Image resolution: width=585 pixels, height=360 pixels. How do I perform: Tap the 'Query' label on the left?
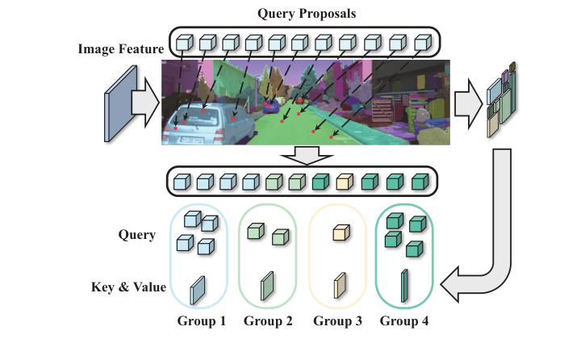(x=136, y=235)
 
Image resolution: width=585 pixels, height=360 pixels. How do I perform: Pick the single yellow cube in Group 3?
(x=339, y=234)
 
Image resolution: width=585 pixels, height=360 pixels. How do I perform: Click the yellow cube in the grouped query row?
(x=345, y=182)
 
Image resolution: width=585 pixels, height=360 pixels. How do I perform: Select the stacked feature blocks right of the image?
(x=500, y=101)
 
